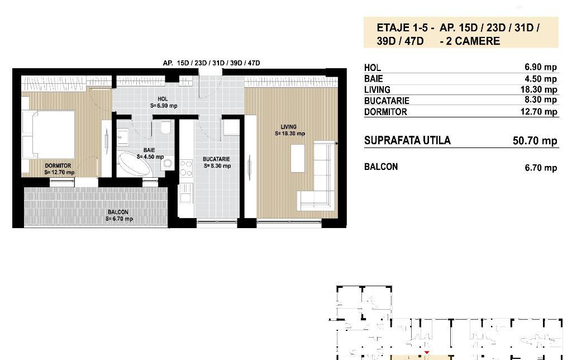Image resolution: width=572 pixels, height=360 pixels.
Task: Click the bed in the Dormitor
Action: pos(48,135)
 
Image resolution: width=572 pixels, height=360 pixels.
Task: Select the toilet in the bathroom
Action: pos(165,127)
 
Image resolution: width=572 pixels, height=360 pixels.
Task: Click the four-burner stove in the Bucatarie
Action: pos(186,168)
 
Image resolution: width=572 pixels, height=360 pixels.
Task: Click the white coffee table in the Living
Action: pos(298,158)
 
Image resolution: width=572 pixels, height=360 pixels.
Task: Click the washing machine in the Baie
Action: pos(168,163)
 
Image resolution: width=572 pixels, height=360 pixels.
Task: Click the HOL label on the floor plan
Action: pos(163,99)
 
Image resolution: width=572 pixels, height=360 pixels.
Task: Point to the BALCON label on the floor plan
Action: pos(118,212)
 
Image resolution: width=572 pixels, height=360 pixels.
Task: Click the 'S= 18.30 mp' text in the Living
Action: pos(290,134)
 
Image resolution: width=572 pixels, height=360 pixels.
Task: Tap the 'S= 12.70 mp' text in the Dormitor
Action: pos(59,172)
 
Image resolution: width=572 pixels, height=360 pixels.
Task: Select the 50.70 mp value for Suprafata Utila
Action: pos(535,141)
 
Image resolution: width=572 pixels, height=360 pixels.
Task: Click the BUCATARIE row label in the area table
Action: pos(387,101)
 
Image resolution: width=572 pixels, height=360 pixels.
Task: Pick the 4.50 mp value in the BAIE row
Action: pos(541,79)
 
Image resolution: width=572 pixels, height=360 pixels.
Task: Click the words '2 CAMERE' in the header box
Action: pos(473,41)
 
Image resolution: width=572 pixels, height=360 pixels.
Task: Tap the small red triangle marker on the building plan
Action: pos(426,352)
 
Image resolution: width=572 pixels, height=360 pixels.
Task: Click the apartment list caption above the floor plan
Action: pos(212,63)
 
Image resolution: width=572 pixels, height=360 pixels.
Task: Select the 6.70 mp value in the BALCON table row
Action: pos(541,168)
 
